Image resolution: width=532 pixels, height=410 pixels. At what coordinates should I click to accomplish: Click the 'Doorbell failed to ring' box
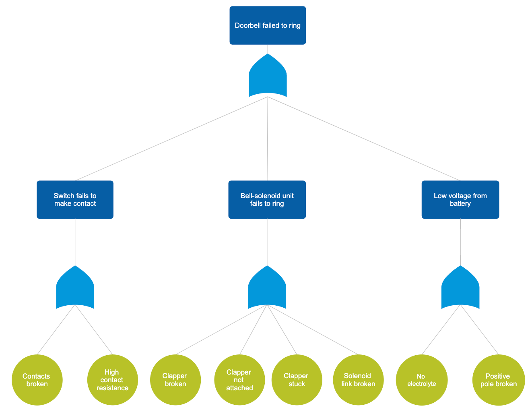click(268, 25)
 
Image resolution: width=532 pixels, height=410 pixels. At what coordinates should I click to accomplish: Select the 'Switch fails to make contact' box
click(75, 200)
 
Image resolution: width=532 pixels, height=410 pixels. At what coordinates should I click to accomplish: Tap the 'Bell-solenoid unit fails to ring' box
click(267, 200)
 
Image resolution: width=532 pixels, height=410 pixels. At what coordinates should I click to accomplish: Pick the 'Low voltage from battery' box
click(460, 200)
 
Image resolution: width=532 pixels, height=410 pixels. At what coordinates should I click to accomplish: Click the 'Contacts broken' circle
click(37, 380)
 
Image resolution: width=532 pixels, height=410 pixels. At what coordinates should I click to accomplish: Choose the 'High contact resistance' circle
click(112, 380)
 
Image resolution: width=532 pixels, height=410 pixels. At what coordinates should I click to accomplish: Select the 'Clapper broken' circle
click(175, 380)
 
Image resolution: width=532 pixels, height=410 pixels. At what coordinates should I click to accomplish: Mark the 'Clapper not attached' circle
click(239, 380)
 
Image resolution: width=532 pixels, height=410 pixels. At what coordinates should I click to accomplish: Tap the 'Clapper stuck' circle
click(297, 380)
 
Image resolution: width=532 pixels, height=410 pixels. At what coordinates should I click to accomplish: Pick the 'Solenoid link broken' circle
click(358, 380)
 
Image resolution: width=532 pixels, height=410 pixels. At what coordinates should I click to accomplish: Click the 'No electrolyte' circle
click(421, 380)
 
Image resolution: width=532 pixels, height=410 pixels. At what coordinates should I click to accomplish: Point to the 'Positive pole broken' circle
click(498, 380)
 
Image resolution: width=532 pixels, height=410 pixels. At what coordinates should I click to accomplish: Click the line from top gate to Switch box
click(171, 139)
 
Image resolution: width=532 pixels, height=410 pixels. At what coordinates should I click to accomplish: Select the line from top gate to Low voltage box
click(364, 139)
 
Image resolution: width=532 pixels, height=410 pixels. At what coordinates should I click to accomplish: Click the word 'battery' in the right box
click(460, 204)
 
